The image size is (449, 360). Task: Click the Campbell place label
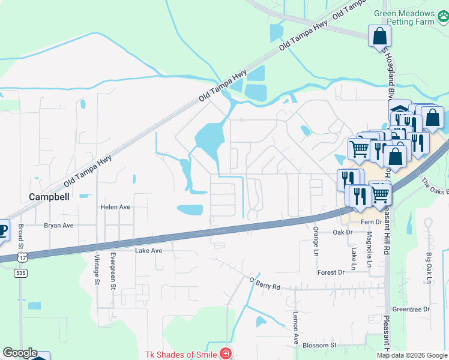point(50,196)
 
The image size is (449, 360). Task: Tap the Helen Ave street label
point(115,207)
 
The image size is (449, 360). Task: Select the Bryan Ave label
point(58,226)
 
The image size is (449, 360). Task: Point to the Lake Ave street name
point(148,250)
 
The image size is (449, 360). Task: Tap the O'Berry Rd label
point(264,283)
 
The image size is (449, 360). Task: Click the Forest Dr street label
point(331,272)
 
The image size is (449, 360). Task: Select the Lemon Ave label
point(295,328)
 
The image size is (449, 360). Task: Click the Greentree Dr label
point(411,309)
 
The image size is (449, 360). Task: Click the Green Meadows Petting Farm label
point(412,17)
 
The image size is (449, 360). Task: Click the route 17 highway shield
point(22,257)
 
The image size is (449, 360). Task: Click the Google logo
point(19,353)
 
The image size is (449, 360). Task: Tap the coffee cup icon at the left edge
point(3,230)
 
